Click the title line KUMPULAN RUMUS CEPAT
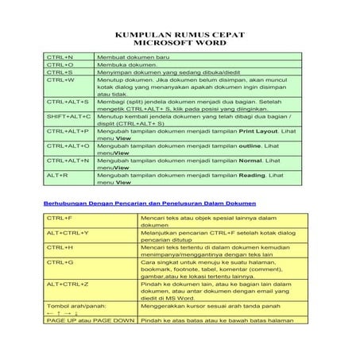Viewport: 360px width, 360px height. pyautogui.click(x=180, y=36)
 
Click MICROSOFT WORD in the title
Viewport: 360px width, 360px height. pyautogui.click(x=180, y=45)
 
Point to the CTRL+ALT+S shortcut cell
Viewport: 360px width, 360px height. pyautogui.click(x=68, y=103)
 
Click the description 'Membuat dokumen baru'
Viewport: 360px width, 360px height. pyautogui.click(x=128, y=58)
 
